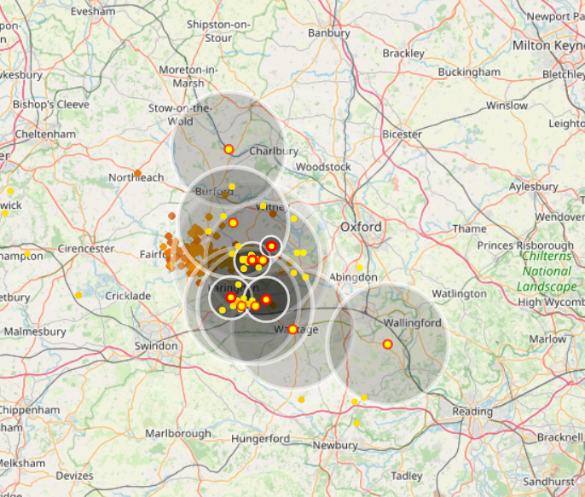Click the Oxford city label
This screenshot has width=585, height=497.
361,228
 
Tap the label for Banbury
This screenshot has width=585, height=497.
328,34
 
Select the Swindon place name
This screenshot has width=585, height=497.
156,346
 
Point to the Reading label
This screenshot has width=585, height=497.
472,412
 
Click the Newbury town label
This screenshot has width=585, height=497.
335,445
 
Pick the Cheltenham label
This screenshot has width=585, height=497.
44,135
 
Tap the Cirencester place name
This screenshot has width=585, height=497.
86,249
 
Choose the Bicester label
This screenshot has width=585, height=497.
402,135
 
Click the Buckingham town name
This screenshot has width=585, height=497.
470,73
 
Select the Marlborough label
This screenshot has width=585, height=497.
177,433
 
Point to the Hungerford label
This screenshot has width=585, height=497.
260,440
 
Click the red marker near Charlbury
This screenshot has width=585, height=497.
229,149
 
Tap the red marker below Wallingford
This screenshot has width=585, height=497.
387,344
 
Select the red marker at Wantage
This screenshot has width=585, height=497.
292,329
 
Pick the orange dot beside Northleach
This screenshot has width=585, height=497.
137,173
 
